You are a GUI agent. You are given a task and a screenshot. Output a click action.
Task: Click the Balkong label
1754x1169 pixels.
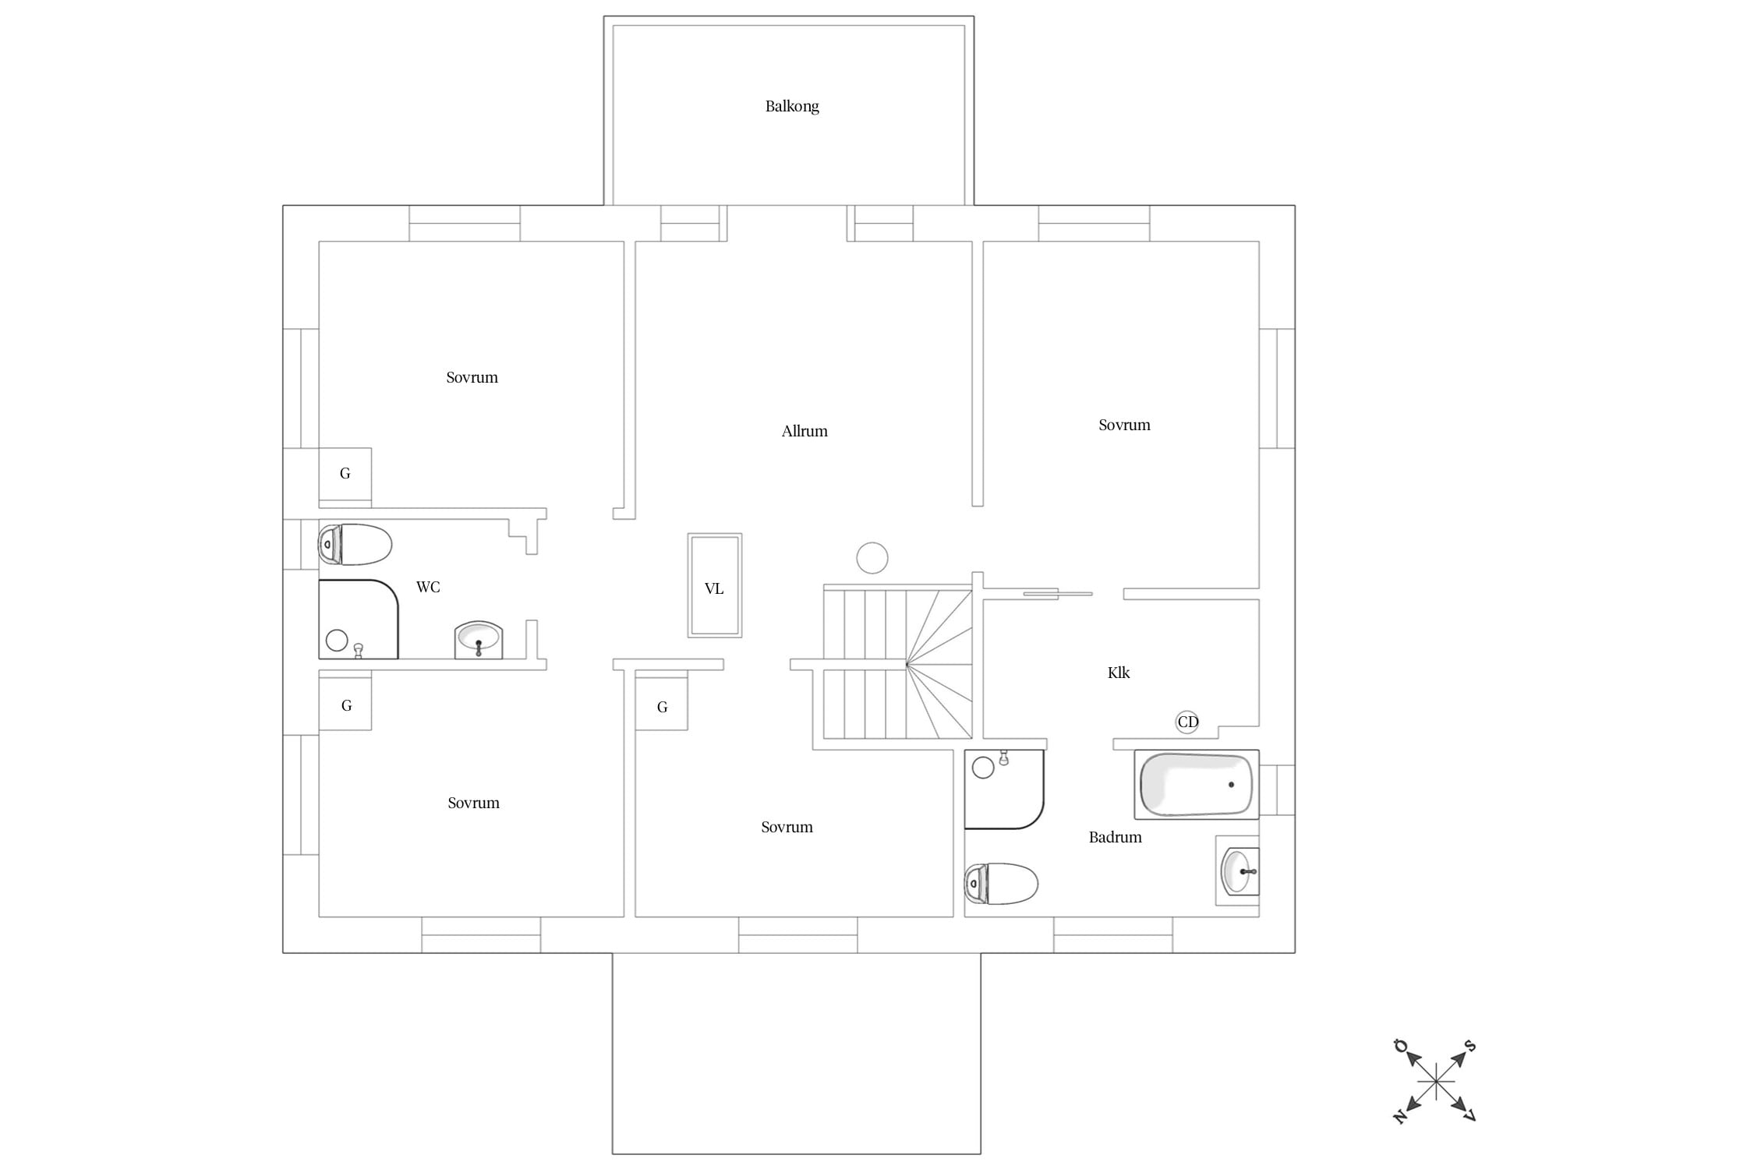pos(792,106)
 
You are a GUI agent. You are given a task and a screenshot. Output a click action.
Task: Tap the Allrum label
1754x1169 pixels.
pos(805,431)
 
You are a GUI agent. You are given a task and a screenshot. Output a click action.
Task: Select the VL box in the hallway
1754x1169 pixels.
pos(715,585)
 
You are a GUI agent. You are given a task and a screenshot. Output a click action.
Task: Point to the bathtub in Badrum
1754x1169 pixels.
pos(1197,785)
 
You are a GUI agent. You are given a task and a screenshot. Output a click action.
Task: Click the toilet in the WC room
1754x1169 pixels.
pos(355,544)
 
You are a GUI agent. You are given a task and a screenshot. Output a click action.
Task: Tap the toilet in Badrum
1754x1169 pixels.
pos(1002,884)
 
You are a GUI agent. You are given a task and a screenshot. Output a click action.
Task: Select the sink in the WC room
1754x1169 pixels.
pos(479,640)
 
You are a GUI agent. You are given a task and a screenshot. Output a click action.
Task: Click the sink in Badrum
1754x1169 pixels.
pos(1238,871)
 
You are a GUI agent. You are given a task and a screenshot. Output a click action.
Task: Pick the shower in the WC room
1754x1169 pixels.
pos(359,620)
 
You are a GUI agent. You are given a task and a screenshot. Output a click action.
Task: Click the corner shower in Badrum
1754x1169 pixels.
pos(1004,789)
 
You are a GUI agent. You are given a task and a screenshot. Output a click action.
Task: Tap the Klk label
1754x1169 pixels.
pos(1119,673)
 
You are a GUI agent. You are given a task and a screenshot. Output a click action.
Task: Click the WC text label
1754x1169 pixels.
pos(428,587)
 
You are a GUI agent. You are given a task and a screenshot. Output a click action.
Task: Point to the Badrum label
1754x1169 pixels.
pos(1116,837)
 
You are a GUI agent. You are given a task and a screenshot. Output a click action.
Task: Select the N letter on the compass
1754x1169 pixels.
pos(1400,1117)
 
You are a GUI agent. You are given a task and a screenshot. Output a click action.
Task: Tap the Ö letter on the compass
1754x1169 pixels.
pos(1401,1045)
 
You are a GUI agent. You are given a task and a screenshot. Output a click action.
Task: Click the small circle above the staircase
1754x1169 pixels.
pos(872,558)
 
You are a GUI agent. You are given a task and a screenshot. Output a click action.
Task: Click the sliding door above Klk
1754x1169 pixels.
pos(1058,594)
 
